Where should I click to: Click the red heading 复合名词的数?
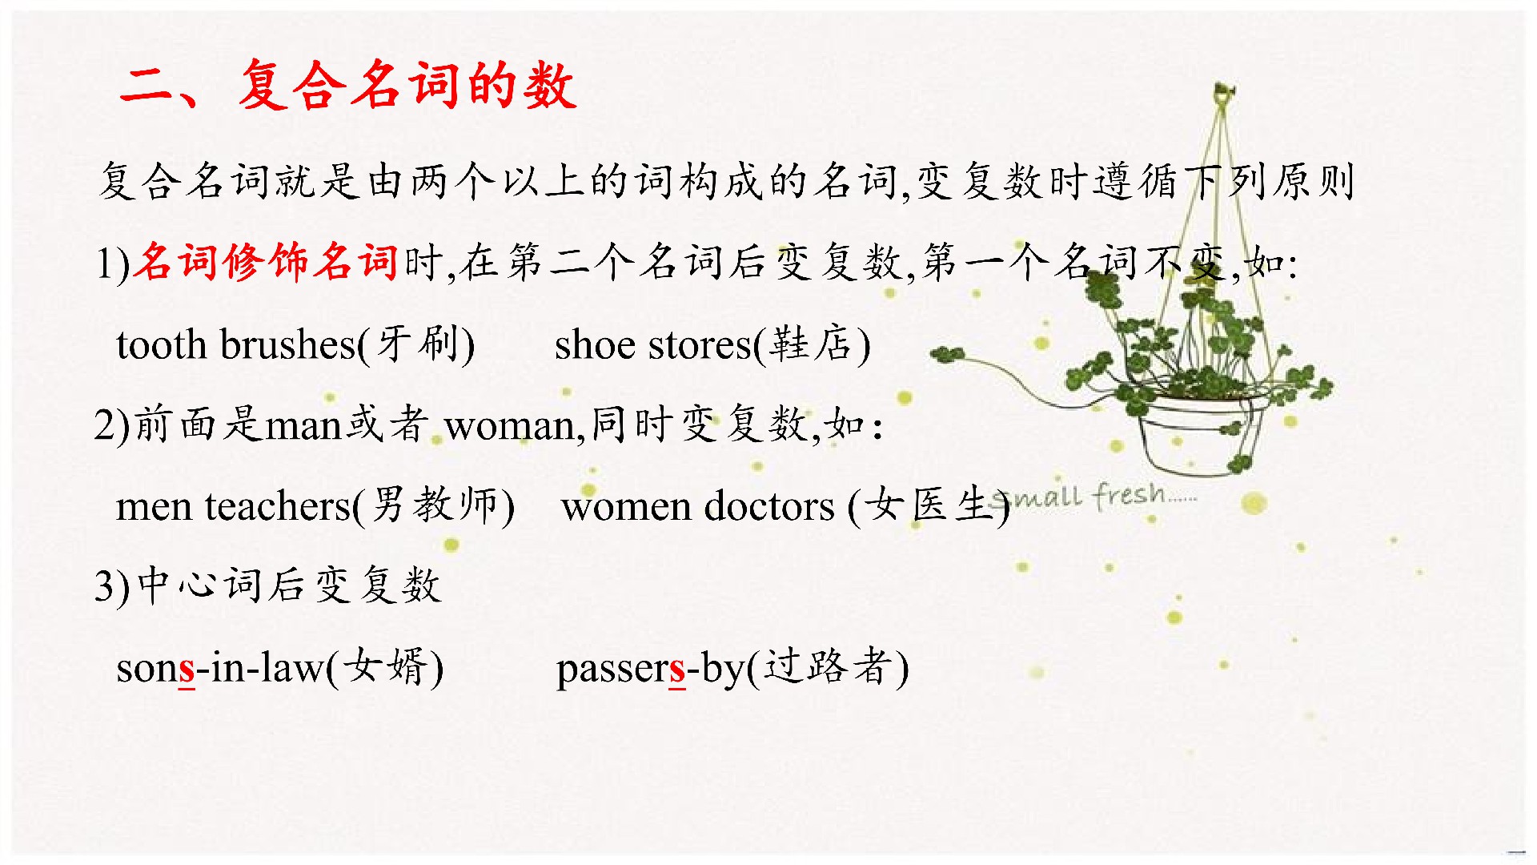[407, 84]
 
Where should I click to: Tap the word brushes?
[287, 344]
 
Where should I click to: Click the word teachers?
[279, 507]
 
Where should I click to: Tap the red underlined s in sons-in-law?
[187, 670]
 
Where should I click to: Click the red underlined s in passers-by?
[677, 670]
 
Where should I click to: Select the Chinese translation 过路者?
[828, 666]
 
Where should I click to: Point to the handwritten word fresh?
[1130, 496]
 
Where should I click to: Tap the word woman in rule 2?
[511, 427]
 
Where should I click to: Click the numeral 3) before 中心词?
[112, 587]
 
